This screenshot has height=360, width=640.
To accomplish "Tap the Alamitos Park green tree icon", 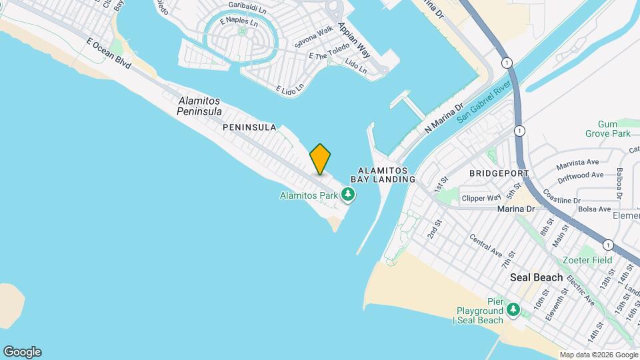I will pos(347,195).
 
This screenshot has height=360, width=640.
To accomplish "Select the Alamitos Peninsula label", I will pos(199,106).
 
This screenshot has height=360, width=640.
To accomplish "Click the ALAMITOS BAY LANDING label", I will pos(387,175).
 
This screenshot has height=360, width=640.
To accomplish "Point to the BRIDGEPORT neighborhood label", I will pos(499,173).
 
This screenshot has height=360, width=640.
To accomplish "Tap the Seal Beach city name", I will pos(536,277).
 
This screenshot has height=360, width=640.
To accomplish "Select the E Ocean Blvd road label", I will pos(109,53).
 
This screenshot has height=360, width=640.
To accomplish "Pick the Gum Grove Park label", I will pos(614,129).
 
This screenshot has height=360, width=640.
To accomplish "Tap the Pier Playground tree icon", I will pos(513,309).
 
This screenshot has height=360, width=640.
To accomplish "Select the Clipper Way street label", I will pos(482,198).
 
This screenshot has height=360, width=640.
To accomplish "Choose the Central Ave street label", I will pos(485,245).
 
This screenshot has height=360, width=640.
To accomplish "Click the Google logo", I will pos(21,352).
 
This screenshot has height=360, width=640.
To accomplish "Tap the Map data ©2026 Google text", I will pos(599,355).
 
